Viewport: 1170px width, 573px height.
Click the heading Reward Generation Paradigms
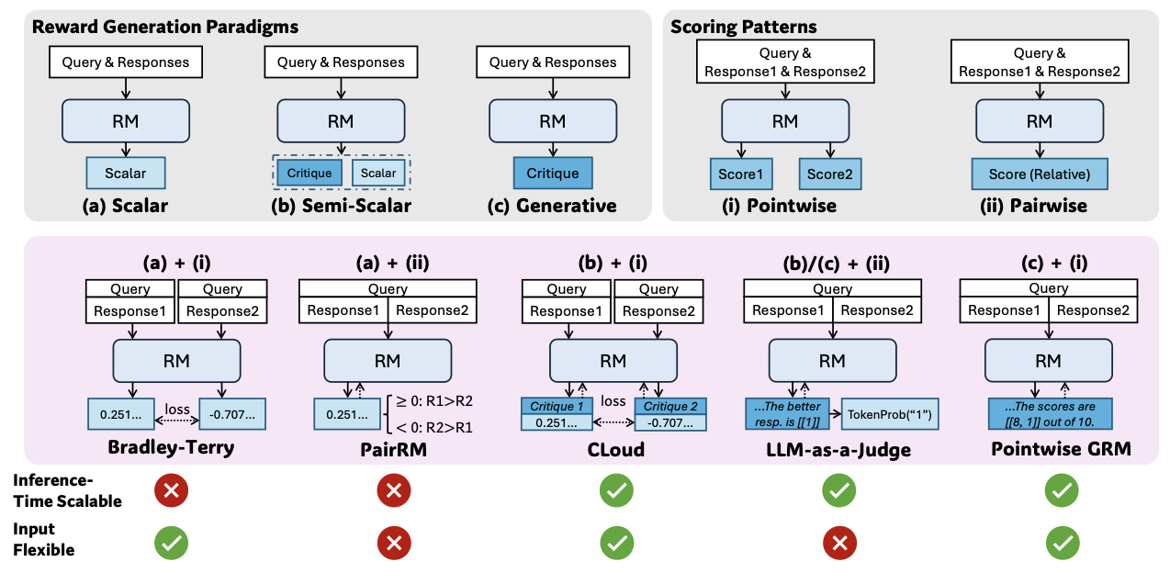pyautogui.click(x=165, y=27)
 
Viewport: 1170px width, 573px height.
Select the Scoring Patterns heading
pyautogui.click(x=744, y=27)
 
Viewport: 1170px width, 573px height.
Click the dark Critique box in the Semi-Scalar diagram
pyautogui.click(x=309, y=173)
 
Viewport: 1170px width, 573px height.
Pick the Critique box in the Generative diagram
pyautogui.click(x=552, y=174)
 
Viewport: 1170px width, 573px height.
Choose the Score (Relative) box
pyautogui.click(x=1040, y=174)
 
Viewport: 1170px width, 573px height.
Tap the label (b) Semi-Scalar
pyautogui.click(x=341, y=206)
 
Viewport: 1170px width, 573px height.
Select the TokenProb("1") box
pyautogui.click(x=889, y=413)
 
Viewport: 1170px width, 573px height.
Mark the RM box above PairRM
pyautogui.click(x=388, y=362)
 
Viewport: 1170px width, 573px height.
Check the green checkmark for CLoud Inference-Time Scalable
pyautogui.click(x=613, y=491)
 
